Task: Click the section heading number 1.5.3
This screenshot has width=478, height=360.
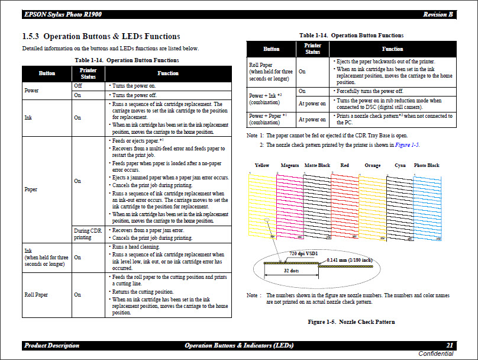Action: point(31,37)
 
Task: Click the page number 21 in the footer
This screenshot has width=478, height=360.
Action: point(450,345)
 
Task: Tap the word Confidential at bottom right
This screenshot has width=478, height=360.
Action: point(435,354)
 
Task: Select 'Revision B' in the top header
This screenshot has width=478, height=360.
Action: point(438,14)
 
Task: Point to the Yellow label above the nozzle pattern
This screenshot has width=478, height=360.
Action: point(261,165)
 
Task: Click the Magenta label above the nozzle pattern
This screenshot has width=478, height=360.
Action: point(290,165)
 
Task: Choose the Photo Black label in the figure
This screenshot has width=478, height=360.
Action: point(426,165)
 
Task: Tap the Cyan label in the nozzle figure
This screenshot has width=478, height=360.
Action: point(400,165)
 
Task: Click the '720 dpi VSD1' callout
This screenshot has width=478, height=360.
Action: point(303,253)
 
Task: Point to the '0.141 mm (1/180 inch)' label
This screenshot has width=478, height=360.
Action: point(350,259)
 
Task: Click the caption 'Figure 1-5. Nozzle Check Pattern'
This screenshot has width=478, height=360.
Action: point(351,322)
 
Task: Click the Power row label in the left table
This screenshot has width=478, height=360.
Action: point(31,91)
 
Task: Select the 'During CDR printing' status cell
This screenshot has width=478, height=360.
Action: point(88,234)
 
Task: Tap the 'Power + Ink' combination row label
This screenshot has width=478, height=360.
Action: point(265,96)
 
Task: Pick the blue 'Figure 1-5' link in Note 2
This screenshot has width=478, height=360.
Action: point(407,145)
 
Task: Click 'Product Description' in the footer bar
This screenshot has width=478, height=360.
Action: point(51,345)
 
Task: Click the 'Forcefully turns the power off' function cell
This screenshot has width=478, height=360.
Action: point(369,91)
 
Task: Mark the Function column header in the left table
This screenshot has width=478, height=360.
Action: point(167,73)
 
